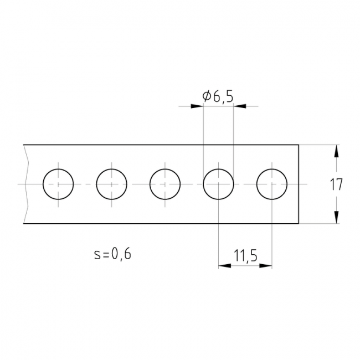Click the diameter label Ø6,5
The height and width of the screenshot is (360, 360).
coord(218,96)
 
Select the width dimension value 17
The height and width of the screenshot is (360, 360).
coord(336,184)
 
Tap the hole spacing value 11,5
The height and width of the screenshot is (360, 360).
coord(245,255)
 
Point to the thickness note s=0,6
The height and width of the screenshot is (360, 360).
coord(113,254)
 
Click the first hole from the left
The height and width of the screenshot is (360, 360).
coord(58,184)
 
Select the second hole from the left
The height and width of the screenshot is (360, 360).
coord(111,184)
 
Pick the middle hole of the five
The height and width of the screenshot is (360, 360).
coord(165,184)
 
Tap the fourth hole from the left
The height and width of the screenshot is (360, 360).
coord(218,184)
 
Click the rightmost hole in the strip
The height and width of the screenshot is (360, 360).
coord(272,184)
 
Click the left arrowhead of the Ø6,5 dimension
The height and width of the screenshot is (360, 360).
coord(197,106)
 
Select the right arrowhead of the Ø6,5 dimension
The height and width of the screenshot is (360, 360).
coord(240,106)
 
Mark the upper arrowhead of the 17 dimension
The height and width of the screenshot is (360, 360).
coord(336,151)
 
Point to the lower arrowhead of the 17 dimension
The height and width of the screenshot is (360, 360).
coord(336,217)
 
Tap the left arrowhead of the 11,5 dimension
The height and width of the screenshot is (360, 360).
coord(225,266)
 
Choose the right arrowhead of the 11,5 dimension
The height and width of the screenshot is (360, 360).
coord(266,266)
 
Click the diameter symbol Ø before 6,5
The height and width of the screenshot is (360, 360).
coord(207,96)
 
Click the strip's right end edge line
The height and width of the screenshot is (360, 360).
coord(299,184)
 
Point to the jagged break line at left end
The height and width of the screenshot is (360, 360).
coord(26,184)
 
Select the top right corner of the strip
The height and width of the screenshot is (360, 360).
coord(299,145)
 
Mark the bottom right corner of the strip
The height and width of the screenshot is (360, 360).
coord(299,223)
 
